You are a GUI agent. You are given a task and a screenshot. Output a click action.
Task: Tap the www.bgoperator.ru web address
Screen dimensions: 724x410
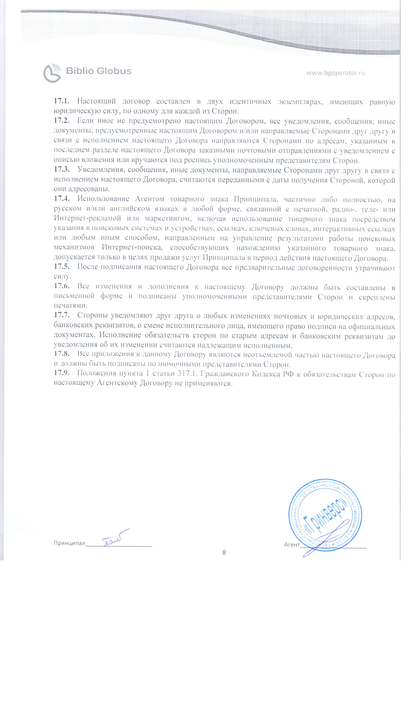(335, 73)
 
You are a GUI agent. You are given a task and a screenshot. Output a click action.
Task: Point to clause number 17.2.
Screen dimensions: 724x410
(62, 121)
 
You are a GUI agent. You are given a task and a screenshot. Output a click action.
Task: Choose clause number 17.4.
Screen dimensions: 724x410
(62, 199)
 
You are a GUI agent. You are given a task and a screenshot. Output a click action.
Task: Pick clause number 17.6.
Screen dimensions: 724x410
(62, 286)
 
